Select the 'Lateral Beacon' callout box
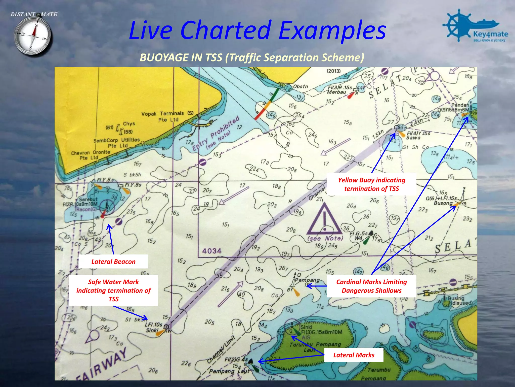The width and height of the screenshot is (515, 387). [113, 262]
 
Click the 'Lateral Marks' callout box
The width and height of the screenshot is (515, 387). [354, 355]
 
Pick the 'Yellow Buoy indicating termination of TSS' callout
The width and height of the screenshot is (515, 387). [371, 184]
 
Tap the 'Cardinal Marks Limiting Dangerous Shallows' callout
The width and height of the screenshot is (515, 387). [371, 286]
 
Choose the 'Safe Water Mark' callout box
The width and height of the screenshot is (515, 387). [113, 290]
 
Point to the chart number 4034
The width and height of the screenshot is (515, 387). [212, 251]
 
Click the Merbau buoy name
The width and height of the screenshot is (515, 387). [336, 92]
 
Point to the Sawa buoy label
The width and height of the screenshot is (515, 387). [413, 138]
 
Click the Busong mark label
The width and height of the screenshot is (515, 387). [443, 203]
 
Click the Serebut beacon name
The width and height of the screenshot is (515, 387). [88, 199]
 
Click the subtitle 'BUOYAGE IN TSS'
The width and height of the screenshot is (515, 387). [252, 57]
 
